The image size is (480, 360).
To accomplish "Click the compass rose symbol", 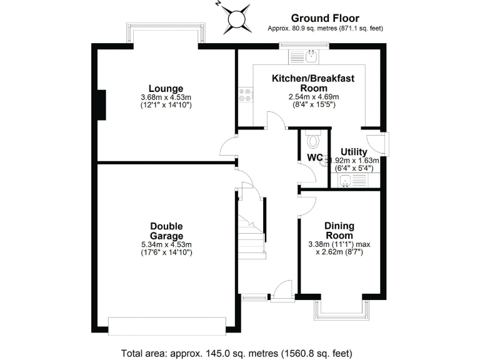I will point(236,19).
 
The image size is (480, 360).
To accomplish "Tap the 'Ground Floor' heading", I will point(325,18).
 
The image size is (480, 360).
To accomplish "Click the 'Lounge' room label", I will point(166,88).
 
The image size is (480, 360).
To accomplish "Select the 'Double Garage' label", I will point(166,231).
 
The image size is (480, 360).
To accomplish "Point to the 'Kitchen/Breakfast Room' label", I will point(304,82).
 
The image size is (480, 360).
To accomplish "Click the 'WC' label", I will point(314,157).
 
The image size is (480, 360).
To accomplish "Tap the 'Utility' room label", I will point(353,152).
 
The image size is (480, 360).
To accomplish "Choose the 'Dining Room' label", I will point(339,231).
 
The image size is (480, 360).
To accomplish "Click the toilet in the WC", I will point(314,136).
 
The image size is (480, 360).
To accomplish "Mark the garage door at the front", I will point(166,326).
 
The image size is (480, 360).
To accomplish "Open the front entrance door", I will point(282,291).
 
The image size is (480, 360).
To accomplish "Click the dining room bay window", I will point(339,308).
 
